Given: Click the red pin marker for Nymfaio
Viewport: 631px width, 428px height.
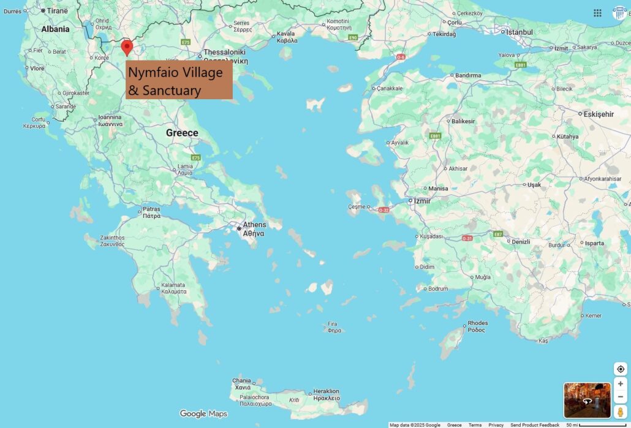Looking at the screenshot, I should (127, 47).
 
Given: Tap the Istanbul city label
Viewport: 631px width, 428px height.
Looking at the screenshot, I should (518, 32).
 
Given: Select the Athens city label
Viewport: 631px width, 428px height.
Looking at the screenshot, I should (254, 229).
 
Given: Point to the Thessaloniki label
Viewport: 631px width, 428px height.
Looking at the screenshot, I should (224, 56).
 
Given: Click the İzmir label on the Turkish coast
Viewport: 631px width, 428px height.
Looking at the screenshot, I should (422, 201).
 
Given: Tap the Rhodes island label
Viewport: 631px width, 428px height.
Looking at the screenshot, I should (477, 326).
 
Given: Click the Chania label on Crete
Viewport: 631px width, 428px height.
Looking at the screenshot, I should (241, 384).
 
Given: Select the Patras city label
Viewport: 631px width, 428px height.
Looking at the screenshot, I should (151, 212).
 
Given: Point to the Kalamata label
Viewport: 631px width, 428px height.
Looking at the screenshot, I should (173, 288).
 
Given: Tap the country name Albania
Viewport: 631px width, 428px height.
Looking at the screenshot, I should (55, 29).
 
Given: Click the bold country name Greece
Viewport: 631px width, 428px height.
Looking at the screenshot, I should (182, 133).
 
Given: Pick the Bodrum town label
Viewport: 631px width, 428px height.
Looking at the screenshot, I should (438, 288).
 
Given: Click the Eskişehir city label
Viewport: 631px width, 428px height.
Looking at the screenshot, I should (599, 114).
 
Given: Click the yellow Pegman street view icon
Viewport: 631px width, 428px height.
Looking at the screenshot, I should (620, 411).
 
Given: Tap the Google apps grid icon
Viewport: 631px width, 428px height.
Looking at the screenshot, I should (597, 12).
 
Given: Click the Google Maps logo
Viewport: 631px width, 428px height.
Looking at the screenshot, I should (203, 414).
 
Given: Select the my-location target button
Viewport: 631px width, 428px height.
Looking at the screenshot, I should (620, 369).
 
